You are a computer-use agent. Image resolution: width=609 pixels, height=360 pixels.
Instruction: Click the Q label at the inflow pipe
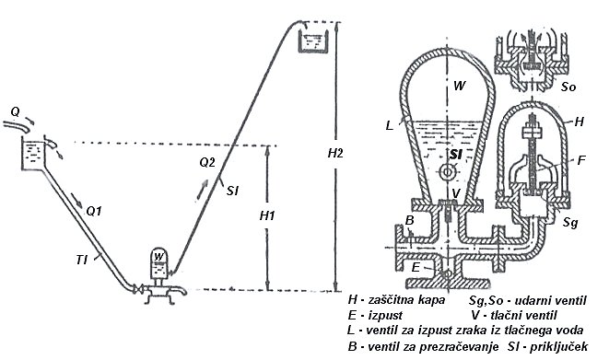click(15, 112)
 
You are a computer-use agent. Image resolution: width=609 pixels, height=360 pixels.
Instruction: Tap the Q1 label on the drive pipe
click(94, 212)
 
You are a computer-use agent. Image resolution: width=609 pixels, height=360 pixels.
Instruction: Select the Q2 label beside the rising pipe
click(207, 162)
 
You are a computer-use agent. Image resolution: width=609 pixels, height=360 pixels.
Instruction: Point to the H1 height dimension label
click(267, 215)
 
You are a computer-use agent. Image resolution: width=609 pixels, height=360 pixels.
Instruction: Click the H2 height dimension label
click(335, 153)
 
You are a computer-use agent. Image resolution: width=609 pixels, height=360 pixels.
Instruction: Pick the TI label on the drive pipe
click(81, 260)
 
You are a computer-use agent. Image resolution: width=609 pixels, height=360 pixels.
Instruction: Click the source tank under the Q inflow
click(34, 155)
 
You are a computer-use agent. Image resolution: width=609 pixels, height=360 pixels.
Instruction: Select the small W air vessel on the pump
click(158, 263)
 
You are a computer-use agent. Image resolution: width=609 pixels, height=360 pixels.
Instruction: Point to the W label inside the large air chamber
click(459, 86)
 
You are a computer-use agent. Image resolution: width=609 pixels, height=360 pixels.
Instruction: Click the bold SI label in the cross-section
click(455, 155)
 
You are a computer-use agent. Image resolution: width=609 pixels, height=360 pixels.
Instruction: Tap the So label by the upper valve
click(568, 87)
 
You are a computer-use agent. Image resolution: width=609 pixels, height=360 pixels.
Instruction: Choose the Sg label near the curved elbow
click(570, 222)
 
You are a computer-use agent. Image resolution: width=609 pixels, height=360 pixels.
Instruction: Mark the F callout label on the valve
click(581, 160)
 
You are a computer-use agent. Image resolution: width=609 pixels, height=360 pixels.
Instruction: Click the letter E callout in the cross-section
click(416, 267)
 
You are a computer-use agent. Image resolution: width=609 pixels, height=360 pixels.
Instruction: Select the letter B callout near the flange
click(409, 220)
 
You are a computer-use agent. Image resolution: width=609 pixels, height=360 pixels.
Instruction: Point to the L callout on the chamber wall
click(390, 125)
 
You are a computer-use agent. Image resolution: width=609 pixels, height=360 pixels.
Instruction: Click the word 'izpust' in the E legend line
click(386, 315)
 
